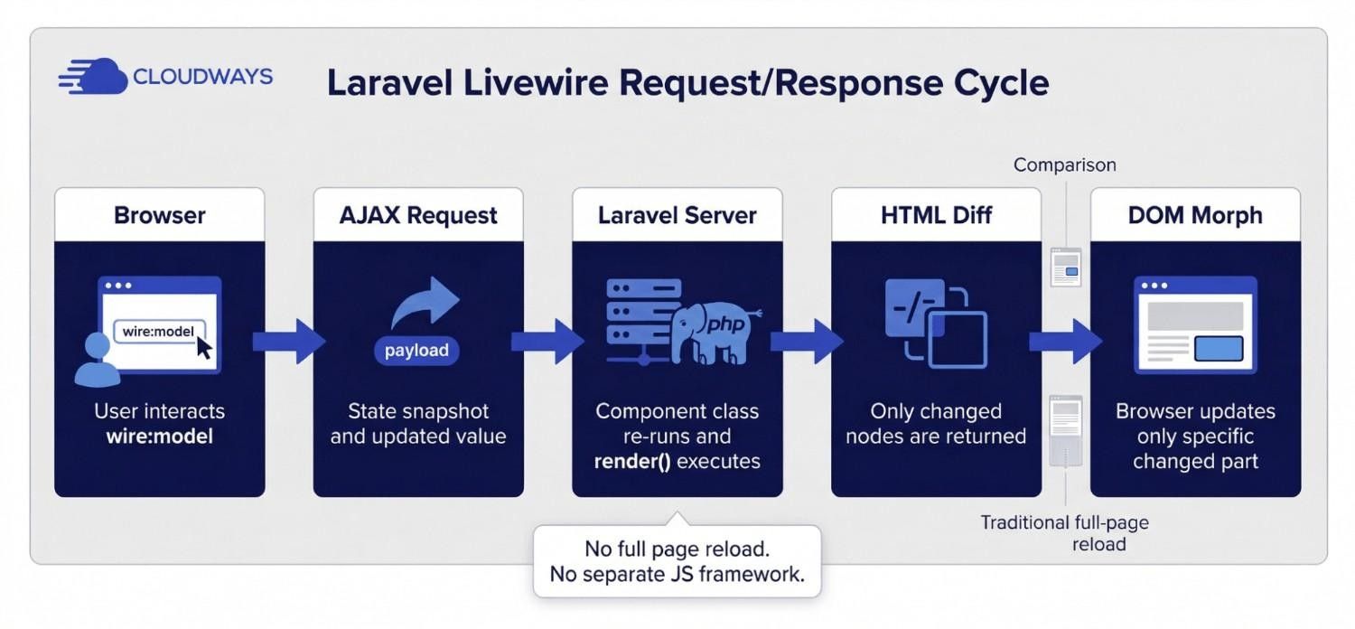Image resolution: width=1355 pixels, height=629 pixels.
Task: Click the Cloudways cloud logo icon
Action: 93,76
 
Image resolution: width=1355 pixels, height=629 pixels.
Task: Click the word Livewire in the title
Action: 536,82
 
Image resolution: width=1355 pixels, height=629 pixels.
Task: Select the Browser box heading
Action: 160,215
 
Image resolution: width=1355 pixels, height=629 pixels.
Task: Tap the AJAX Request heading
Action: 418,215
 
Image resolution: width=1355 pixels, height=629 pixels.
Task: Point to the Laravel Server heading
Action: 677,215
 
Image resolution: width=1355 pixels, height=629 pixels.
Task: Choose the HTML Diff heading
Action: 936,215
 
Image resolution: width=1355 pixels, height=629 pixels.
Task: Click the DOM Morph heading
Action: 1195,215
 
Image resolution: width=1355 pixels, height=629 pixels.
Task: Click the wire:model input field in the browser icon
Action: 159,332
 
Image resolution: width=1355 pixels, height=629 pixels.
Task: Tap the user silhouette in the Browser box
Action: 97,360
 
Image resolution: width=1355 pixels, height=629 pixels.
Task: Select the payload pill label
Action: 416,351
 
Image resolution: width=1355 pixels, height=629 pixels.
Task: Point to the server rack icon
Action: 641,321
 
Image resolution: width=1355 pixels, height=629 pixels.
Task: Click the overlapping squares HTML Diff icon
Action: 936,323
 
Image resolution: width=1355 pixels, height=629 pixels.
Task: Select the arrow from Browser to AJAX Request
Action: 289,342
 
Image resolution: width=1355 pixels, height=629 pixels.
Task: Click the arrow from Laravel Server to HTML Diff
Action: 807,342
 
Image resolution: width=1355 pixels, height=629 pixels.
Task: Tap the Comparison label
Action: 1065,164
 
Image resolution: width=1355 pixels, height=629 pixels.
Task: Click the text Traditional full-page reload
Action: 1065,533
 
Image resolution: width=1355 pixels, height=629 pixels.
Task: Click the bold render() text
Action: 632,461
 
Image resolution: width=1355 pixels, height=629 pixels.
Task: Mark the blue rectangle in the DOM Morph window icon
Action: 1219,349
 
